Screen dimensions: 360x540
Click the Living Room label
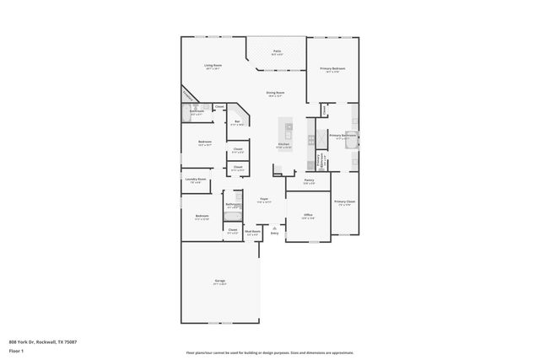click(x=212, y=65)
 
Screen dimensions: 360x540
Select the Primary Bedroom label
click(x=332, y=68)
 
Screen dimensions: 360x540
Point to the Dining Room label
click(x=275, y=93)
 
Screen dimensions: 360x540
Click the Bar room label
click(x=237, y=122)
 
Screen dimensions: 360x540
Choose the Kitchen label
click(x=284, y=144)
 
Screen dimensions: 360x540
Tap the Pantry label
click(x=309, y=180)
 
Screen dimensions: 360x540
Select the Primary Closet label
click(x=344, y=202)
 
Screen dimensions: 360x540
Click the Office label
click(x=308, y=215)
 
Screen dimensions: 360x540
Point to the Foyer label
click(x=263, y=200)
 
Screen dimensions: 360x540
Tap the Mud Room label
click(x=251, y=233)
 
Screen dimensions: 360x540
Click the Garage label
click(x=219, y=283)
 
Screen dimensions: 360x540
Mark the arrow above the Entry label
click(x=273, y=227)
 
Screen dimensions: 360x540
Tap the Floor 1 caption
click(x=15, y=350)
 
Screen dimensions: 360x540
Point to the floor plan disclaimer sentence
click(x=270, y=352)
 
